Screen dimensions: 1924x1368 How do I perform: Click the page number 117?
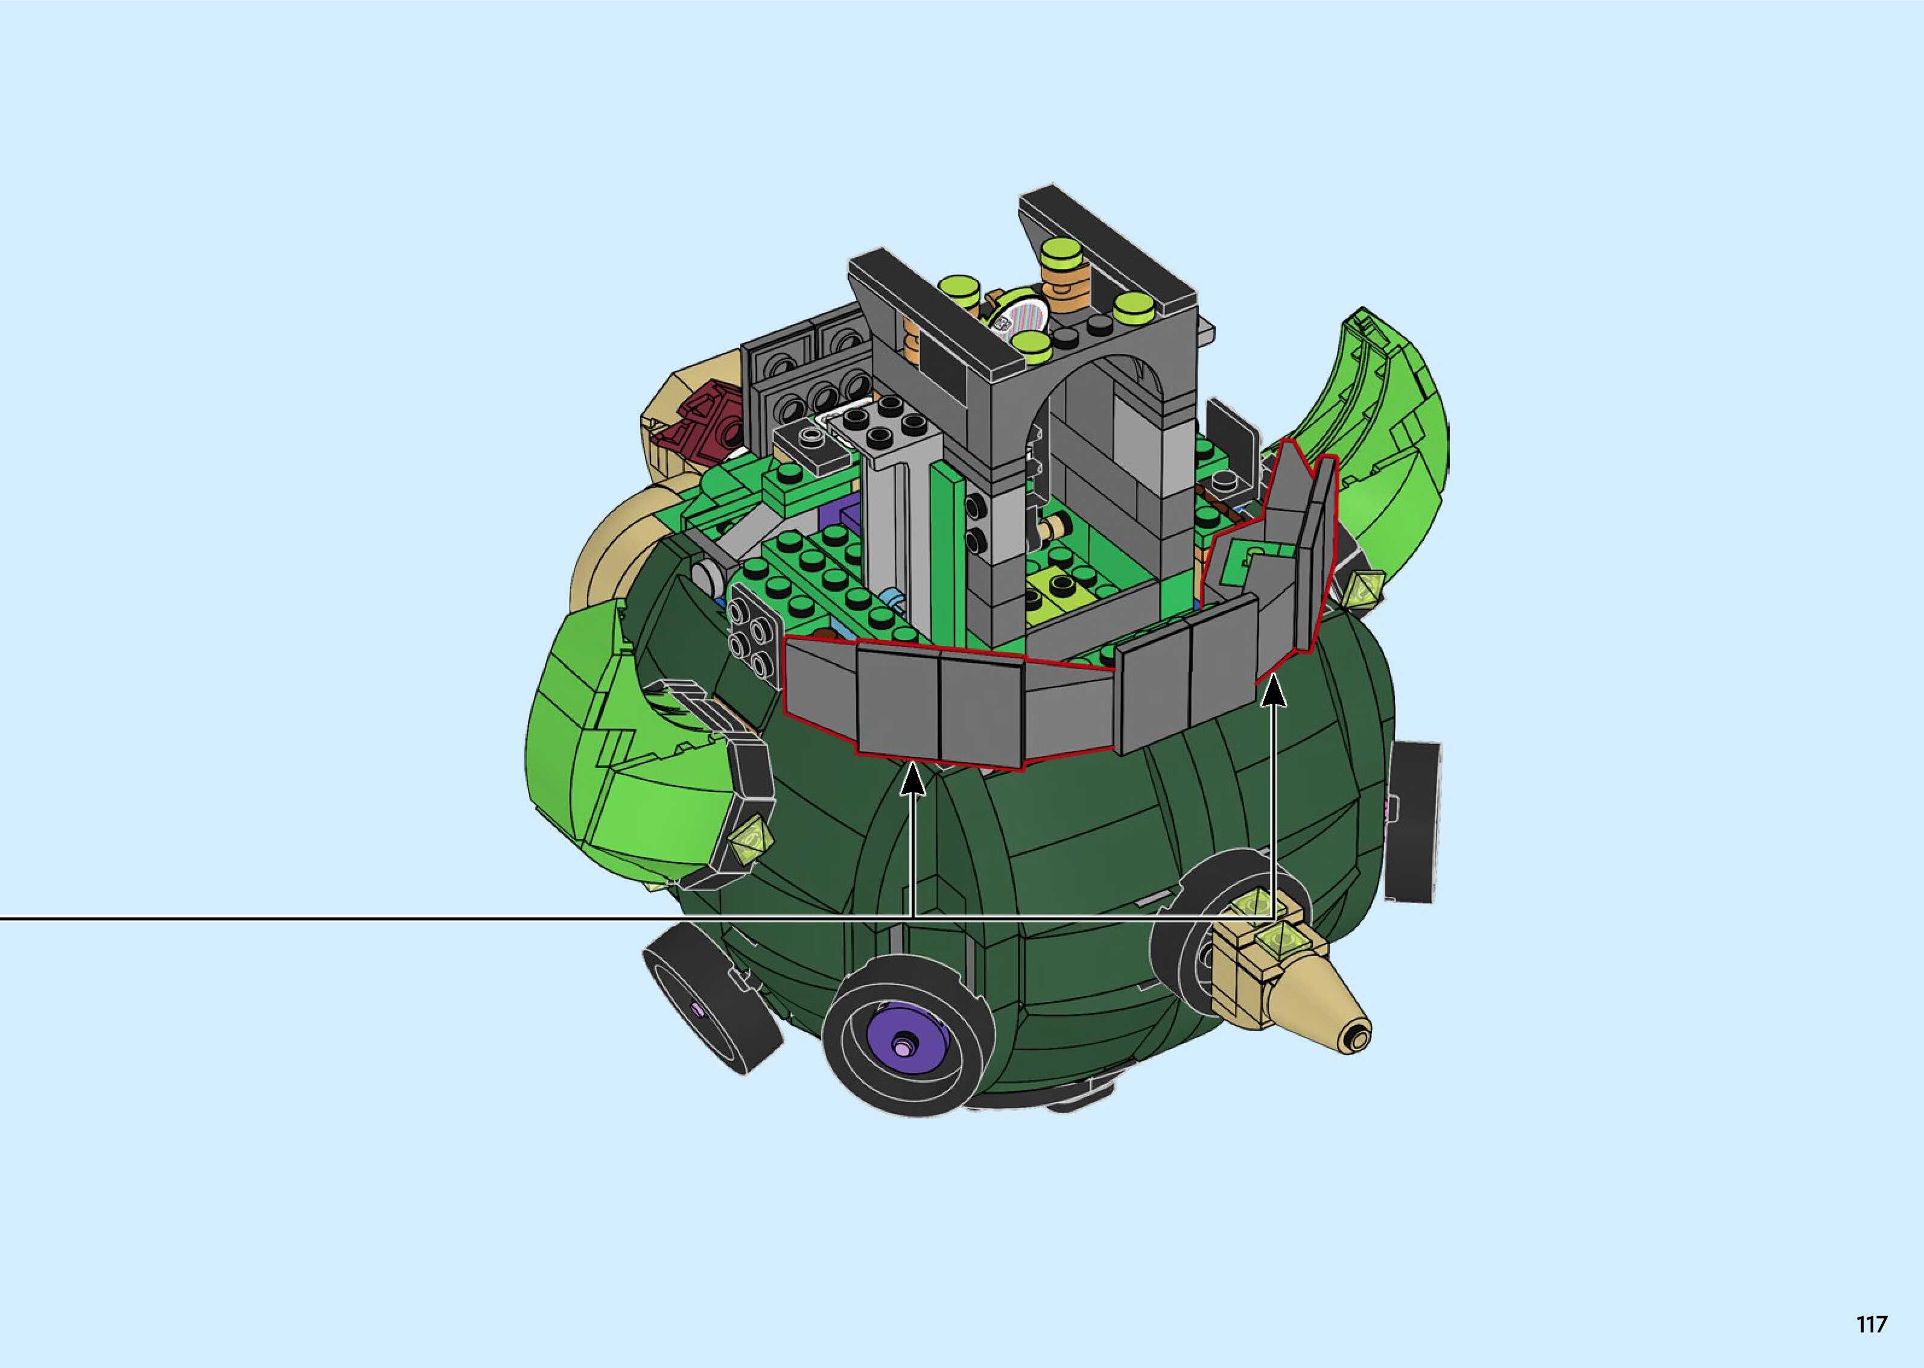click(1871, 1324)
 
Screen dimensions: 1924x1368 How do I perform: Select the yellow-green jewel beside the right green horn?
click(1367, 586)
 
